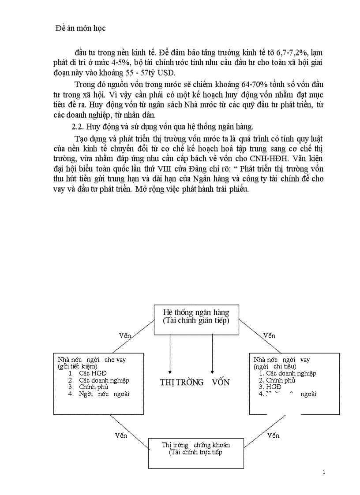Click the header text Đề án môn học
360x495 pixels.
(81, 28)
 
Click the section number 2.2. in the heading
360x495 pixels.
(79, 127)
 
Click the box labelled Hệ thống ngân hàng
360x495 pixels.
(196, 316)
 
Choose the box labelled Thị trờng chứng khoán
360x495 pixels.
(196, 448)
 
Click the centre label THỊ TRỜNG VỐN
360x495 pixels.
(195, 382)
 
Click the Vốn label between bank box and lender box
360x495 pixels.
(125, 335)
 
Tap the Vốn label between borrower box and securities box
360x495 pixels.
(274, 435)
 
